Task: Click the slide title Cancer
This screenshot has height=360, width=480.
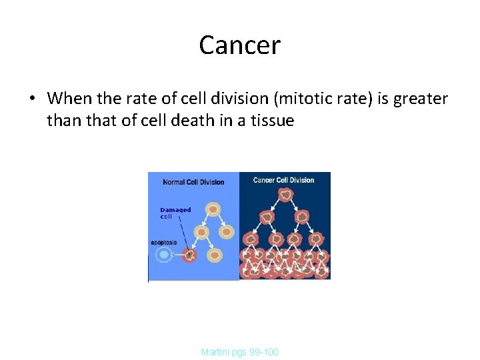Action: coord(239,45)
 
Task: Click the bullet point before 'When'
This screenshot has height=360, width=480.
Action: coord(31,99)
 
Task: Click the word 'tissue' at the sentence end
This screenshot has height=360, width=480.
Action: coord(272,121)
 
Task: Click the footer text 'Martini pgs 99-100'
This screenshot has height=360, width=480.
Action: coord(239,351)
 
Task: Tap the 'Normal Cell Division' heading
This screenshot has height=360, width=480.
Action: coord(193,182)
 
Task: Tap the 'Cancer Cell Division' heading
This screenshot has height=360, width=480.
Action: coord(283,180)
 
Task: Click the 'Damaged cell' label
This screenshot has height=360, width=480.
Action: coord(175,213)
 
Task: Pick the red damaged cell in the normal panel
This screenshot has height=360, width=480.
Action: coord(189,254)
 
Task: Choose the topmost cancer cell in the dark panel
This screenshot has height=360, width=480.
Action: coord(285,194)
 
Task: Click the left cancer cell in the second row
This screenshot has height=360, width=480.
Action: coord(268,217)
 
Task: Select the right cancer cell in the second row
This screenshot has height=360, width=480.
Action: coord(302,217)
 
